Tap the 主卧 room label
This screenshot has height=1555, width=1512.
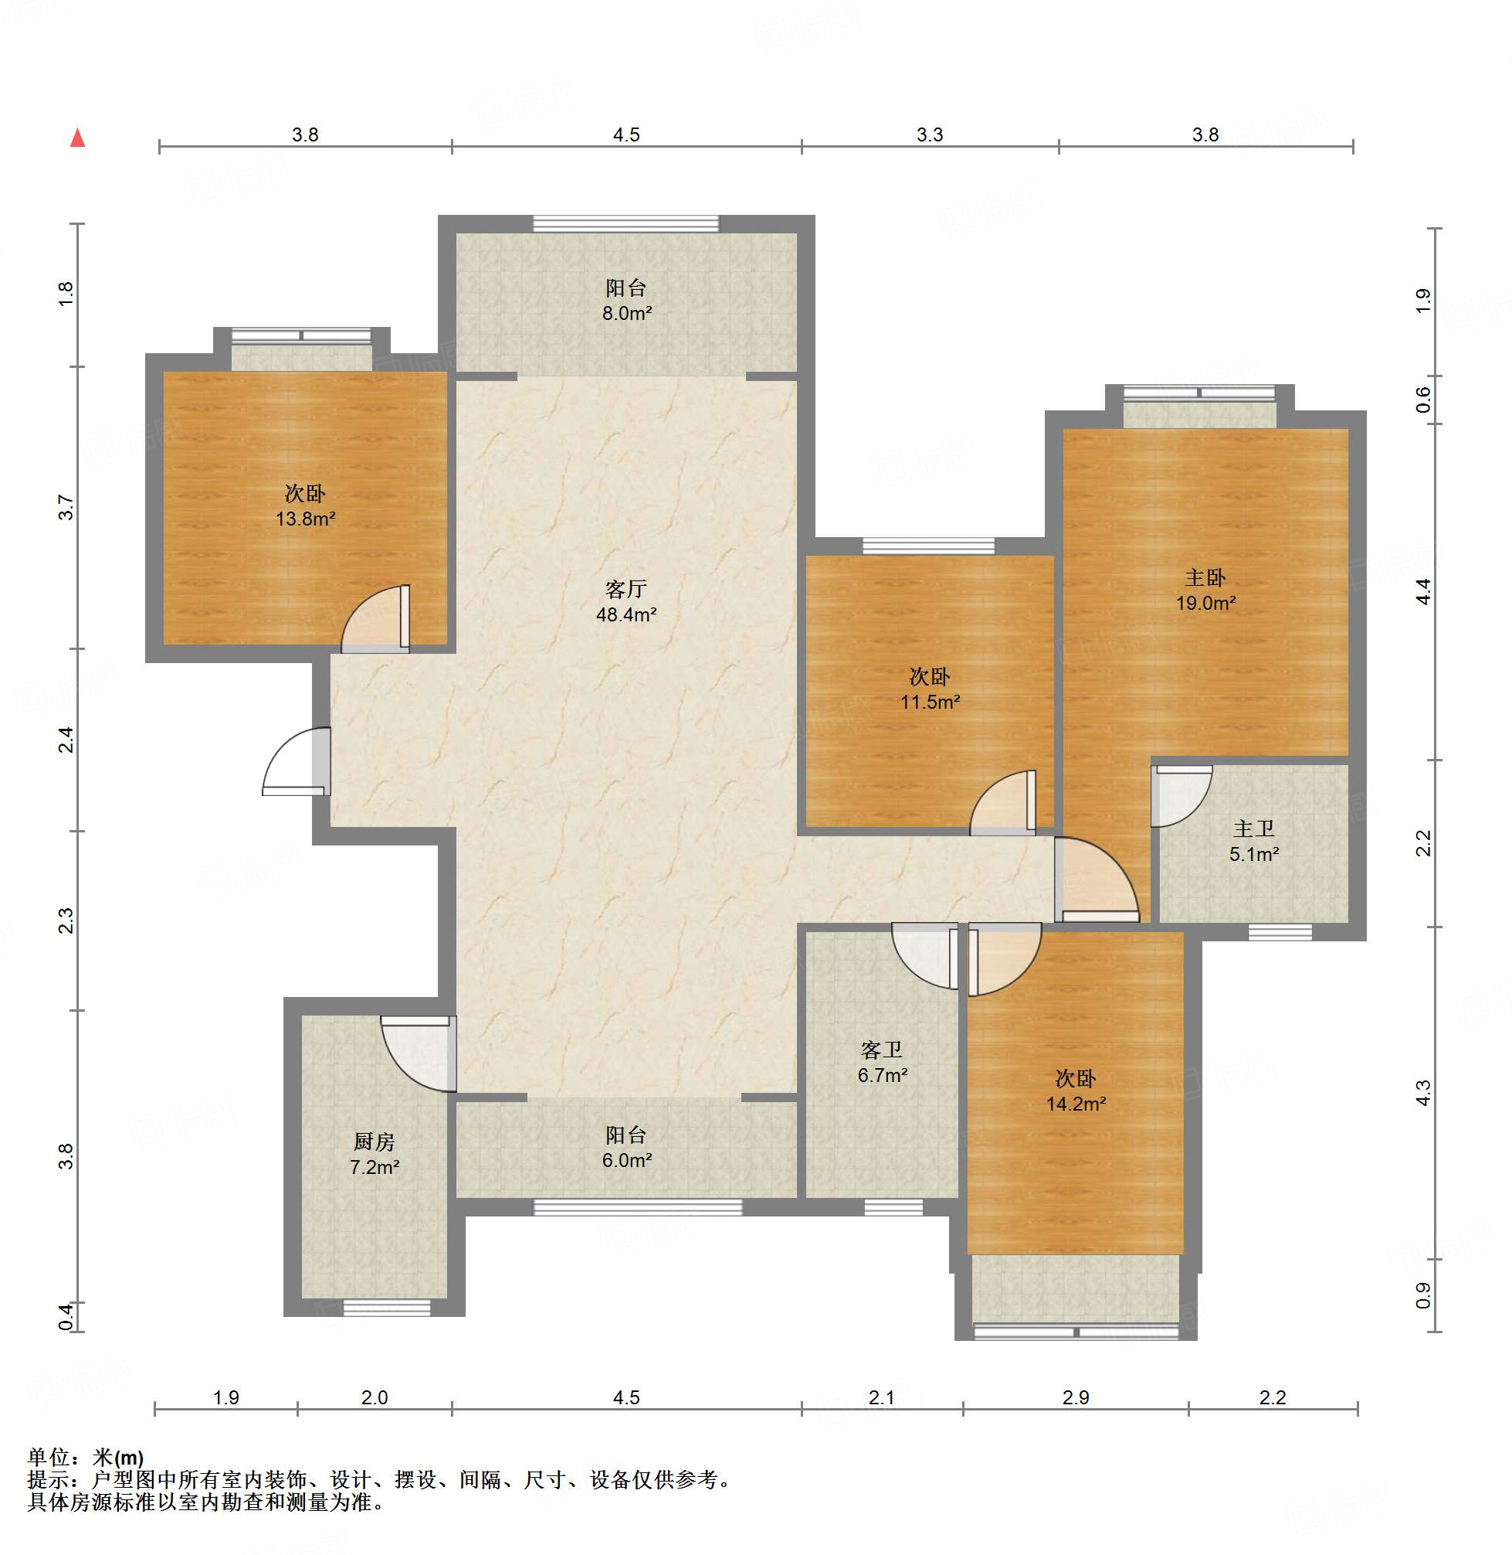pyautogui.click(x=1205, y=577)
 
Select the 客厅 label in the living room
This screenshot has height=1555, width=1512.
pyautogui.click(x=625, y=589)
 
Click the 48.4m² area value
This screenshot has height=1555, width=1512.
pyautogui.click(x=625, y=614)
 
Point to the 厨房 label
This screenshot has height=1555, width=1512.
pyautogui.click(x=374, y=1142)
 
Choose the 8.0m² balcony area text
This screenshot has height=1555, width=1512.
pyautogui.click(x=626, y=313)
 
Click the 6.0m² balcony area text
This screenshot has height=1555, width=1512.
pyautogui.click(x=626, y=1160)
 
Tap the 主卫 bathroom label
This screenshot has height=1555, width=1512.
pyautogui.click(x=1254, y=829)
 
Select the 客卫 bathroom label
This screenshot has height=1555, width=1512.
pyautogui.click(x=881, y=1050)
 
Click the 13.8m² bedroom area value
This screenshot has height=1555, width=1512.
pyautogui.click(x=305, y=519)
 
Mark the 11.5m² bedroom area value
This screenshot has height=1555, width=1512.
pyautogui.click(x=930, y=703)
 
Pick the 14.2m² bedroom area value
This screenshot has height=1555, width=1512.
pyautogui.click(x=1076, y=1104)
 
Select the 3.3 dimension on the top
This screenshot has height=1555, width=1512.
pyautogui.click(x=930, y=134)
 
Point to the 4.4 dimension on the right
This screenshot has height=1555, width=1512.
pyautogui.click(x=1423, y=591)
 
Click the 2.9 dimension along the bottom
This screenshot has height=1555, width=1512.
pyautogui.click(x=1076, y=1397)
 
